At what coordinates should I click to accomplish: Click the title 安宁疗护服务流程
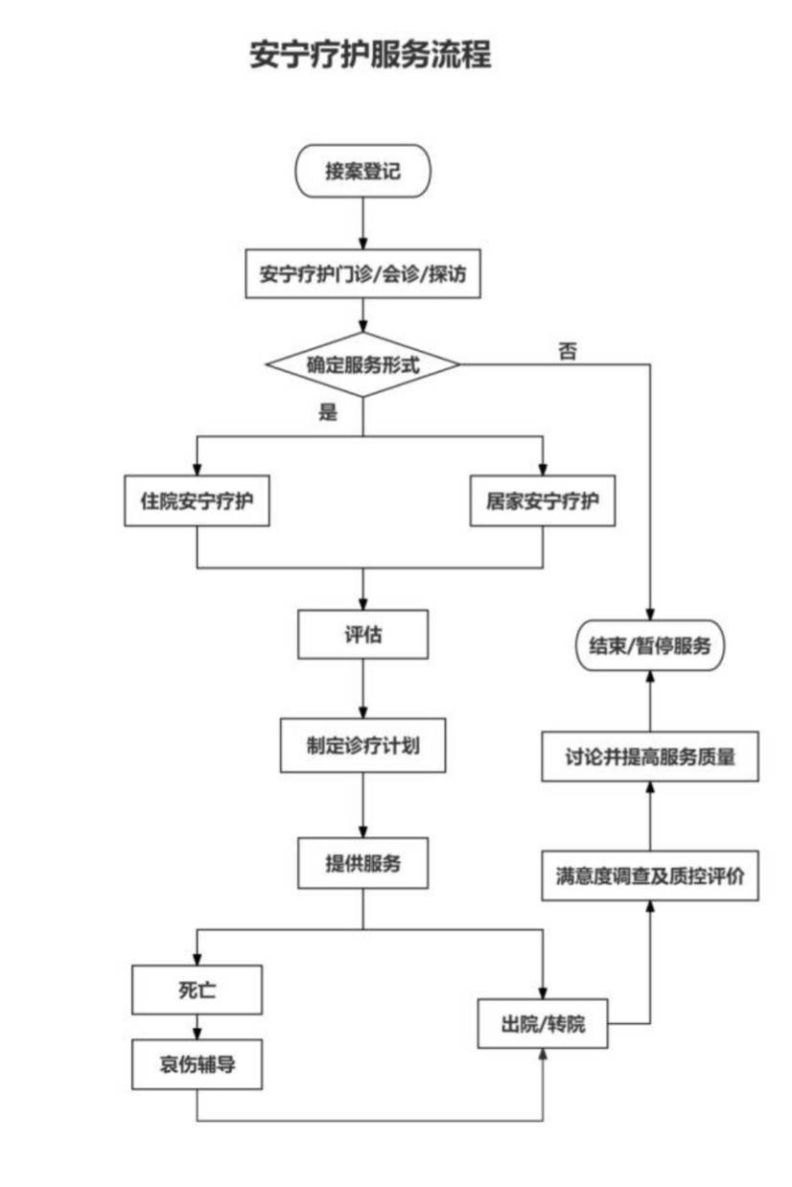click(x=370, y=55)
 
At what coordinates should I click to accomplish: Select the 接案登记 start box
click(x=362, y=172)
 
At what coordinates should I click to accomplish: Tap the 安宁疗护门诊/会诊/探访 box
click(x=362, y=273)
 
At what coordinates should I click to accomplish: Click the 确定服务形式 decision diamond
click(x=362, y=364)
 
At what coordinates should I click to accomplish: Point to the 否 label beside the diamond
click(x=568, y=351)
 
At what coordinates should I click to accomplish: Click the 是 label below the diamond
click(x=328, y=413)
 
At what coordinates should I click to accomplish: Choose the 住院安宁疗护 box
click(x=197, y=501)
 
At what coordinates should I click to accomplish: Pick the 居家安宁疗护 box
click(x=542, y=501)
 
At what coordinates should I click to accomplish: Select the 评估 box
click(x=362, y=635)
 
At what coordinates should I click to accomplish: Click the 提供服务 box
click(x=362, y=863)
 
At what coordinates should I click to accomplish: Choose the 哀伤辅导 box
click(x=197, y=1065)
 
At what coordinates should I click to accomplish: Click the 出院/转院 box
click(x=542, y=1024)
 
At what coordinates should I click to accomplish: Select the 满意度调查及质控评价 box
click(x=650, y=875)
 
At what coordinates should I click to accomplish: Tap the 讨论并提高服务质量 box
click(x=650, y=756)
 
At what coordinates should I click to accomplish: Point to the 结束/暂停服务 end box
click(x=650, y=645)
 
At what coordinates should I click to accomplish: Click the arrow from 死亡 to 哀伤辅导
click(x=197, y=1028)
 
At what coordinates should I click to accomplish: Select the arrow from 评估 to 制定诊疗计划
click(x=362, y=687)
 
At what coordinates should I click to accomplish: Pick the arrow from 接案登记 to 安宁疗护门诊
click(x=362, y=223)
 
